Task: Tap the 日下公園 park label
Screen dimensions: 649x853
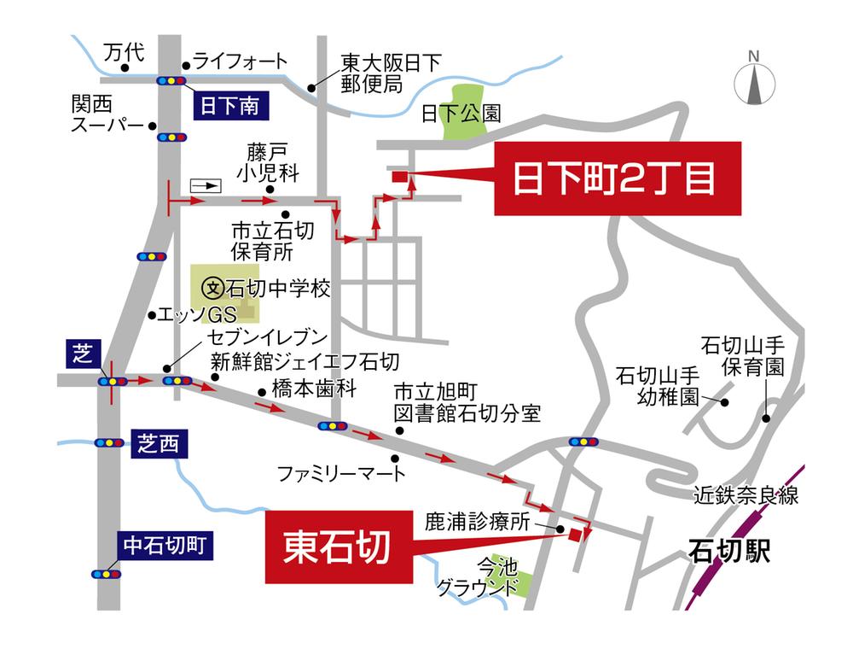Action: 461,114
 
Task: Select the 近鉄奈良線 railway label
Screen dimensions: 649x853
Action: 746,496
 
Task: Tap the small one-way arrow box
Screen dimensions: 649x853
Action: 206,184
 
